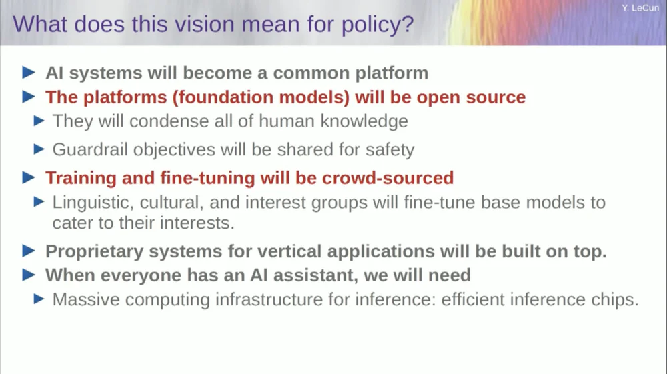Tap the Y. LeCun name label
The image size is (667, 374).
coord(640,8)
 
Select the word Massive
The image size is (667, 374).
coord(86,299)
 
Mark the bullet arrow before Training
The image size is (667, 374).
coord(29,178)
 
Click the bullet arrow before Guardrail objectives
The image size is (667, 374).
coord(39,149)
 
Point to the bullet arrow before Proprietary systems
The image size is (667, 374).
coord(29,251)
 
